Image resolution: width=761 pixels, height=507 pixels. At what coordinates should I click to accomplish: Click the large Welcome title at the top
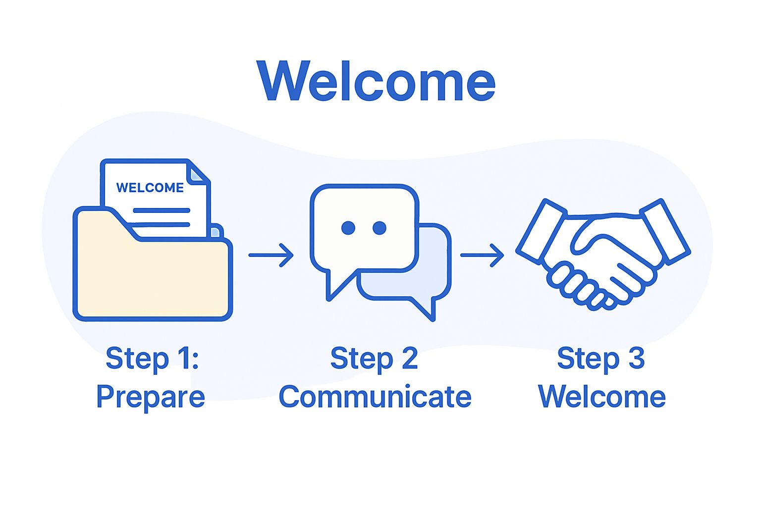click(x=376, y=81)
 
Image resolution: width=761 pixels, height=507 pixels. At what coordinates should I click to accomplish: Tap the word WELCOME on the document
click(x=150, y=188)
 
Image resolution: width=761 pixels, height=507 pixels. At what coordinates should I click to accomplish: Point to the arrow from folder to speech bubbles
click(x=271, y=255)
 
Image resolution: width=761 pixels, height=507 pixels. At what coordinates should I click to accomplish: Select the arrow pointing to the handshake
click(x=482, y=255)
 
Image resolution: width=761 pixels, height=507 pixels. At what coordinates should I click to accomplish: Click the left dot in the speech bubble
click(x=348, y=228)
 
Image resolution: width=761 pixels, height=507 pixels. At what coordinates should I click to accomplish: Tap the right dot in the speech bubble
click(x=380, y=228)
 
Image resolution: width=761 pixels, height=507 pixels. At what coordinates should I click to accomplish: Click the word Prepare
click(x=151, y=397)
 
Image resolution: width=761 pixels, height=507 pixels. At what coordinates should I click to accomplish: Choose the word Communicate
click(x=375, y=397)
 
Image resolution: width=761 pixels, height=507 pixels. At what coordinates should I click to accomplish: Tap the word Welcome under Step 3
click(x=602, y=397)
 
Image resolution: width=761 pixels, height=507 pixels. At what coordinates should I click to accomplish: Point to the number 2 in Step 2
click(x=410, y=358)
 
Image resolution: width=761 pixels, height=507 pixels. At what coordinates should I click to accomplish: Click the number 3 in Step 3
click(x=637, y=358)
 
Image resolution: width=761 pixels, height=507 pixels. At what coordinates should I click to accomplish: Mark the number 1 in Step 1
click(x=185, y=358)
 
